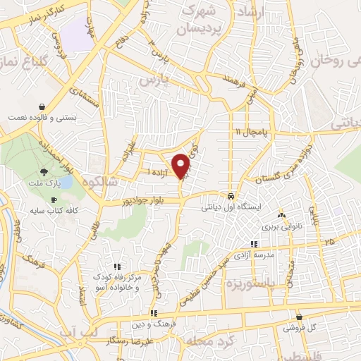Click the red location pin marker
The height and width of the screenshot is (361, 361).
click(x=181, y=166)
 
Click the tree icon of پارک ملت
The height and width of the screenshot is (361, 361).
click(x=44, y=171)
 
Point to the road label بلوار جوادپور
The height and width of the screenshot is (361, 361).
click(x=140, y=200)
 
